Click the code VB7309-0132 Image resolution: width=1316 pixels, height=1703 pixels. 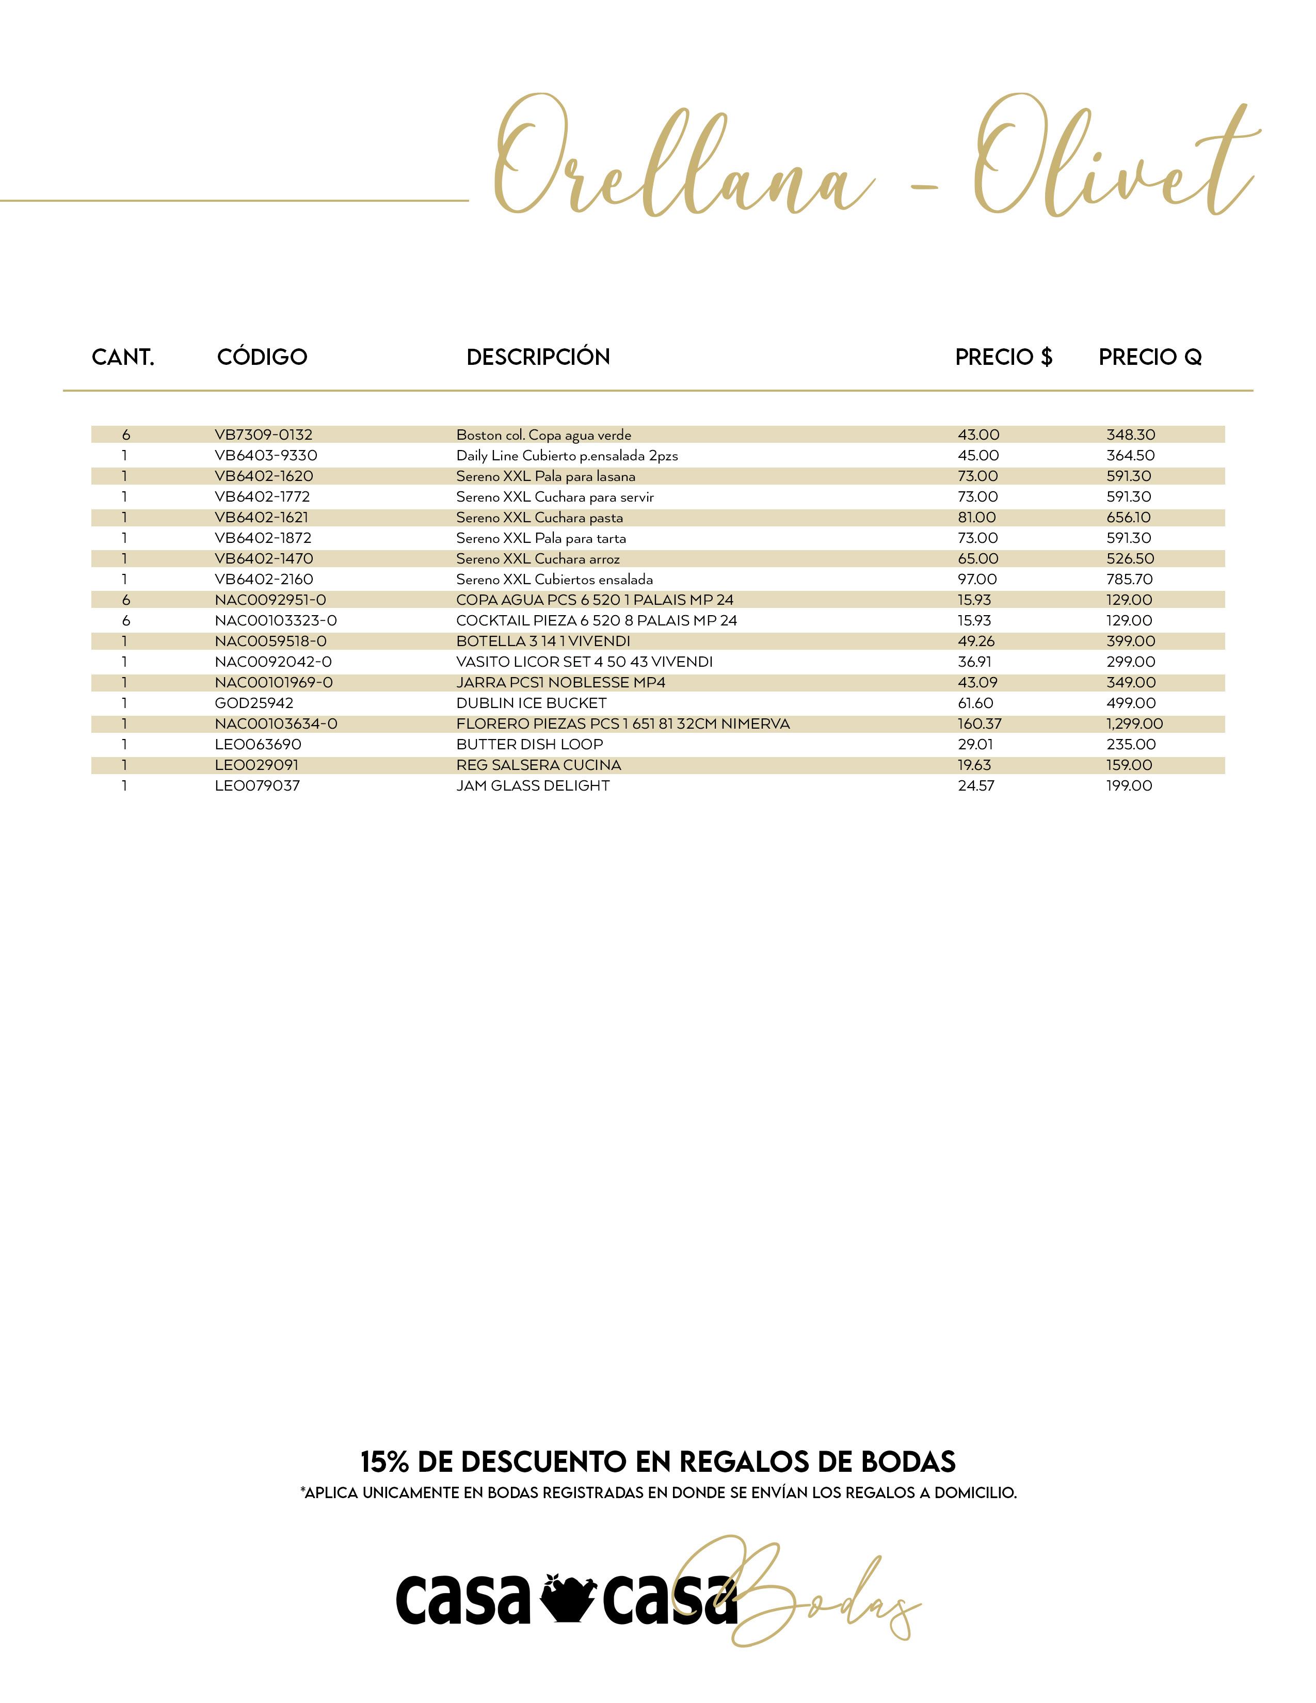click(264, 435)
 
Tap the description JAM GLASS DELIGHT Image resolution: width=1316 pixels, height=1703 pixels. click(533, 786)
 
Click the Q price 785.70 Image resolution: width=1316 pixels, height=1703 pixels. click(1129, 580)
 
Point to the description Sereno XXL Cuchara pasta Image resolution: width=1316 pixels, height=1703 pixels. click(539, 518)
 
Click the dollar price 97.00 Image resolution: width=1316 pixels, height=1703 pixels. click(977, 580)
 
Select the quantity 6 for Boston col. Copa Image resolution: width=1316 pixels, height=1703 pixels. click(125, 435)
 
